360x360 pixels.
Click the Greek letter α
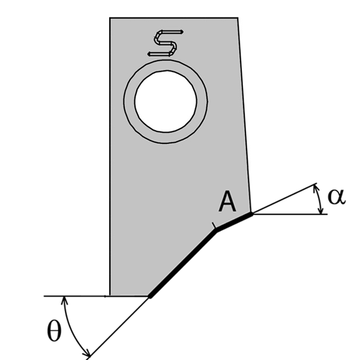pos(336,196)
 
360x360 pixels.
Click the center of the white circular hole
pos(166,101)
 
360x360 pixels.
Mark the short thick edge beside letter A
pos(234,220)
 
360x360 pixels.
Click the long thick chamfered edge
pos(183,262)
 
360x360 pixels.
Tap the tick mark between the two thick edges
pos(214,226)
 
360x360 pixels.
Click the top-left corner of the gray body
pos(110,18)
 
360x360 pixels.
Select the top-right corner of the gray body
pos(238,18)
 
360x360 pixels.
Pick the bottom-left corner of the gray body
pos(110,296)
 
